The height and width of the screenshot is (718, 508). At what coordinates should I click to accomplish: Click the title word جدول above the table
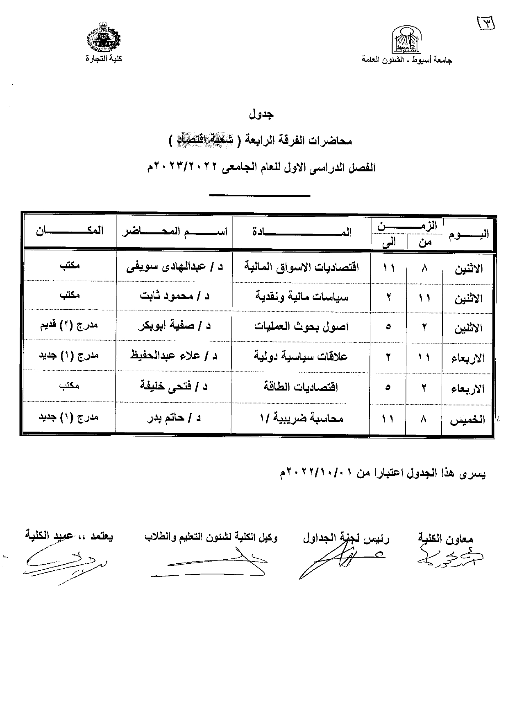pyautogui.click(x=261, y=114)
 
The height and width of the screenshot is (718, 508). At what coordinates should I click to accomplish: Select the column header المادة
pyautogui.click(x=302, y=232)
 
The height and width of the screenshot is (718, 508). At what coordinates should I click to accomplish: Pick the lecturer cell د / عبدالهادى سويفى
pyautogui.click(x=175, y=268)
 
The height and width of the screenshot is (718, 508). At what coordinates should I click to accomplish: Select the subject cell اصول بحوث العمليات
pyautogui.click(x=302, y=326)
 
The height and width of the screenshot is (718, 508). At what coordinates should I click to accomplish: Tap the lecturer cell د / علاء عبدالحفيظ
pyautogui.click(x=174, y=356)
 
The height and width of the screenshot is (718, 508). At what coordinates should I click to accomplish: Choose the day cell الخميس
pyautogui.click(x=467, y=420)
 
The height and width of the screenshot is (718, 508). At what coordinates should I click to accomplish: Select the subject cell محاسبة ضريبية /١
pyautogui.click(x=302, y=418)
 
